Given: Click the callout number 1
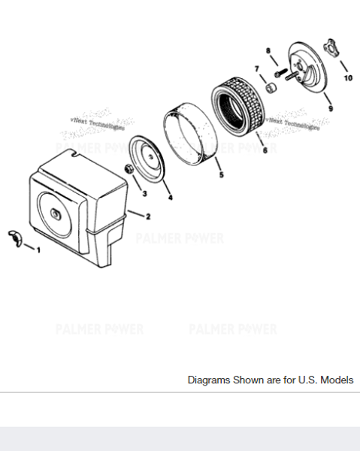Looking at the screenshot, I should [x=39, y=250].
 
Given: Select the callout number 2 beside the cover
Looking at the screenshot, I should [x=147, y=216].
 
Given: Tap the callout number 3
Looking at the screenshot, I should [x=144, y=192].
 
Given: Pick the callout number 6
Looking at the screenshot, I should [x=264, y=150].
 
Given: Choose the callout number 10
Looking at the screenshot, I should [x=347, y=77].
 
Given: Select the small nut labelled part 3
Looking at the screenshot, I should [x=129, y=170].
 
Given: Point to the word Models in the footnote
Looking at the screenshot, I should [x=336, y=380].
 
